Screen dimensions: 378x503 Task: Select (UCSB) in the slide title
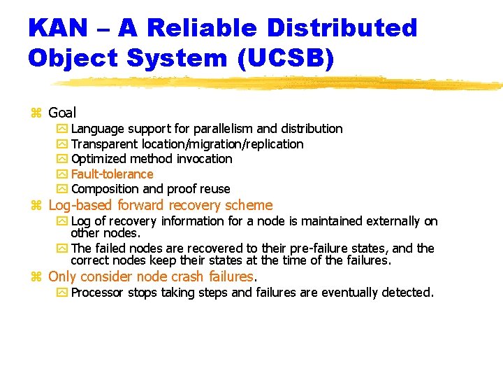click(286, 57)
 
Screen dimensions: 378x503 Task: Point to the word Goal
click(62, 113)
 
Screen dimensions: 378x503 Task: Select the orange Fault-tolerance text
click(112, 174)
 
